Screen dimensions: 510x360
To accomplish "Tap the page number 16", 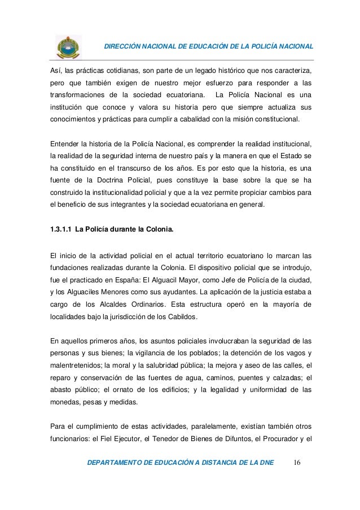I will [297, 464].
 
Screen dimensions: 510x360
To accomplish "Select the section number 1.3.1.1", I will [60, 229].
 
